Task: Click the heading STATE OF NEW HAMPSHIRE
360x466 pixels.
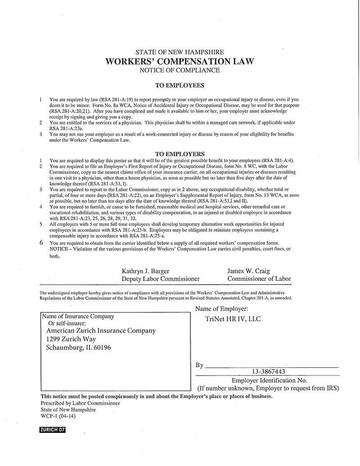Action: pyautogui.click(x=180, y=52)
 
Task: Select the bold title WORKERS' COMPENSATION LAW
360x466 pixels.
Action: pyautogui.click(x=180, y=61)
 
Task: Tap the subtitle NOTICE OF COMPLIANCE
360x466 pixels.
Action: pyautogui.click(x=180, y=70)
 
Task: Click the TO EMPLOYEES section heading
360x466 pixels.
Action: pyautogui.click(x=180, y=85)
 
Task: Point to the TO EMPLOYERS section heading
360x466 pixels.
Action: pyautogui.click(x=180, y=154)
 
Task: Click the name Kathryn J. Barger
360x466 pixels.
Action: pyautogui.click(x=145, y=271)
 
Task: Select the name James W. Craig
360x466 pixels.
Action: pyautogui.click(x=248, y=271)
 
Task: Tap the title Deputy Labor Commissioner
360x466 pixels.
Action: pyautogui.click(x=160, y=279)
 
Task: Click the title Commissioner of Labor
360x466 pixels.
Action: pyautogui.click(x=259, y=279)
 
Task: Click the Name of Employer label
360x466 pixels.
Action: pyautogui.click(x=221, y=309)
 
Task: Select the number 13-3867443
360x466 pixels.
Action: pyautogui.click(x=269, y=372)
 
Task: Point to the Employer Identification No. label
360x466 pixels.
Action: pyautogui.click(x=269, y=380)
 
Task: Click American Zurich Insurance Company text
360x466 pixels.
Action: pyautogui.click(x=101, y=330)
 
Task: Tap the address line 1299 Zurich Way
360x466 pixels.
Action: pyautogui.click(x=71, y=339)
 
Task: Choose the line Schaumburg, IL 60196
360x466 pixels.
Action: pyautogui.click(x=78, y=348)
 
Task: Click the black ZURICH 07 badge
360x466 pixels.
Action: pyautogui.click(x=53, y=430)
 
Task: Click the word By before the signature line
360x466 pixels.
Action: pyautogui.click(x=200, y=365)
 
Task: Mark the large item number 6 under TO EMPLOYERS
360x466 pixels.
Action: pyautogui.click(x=41, y=242)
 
